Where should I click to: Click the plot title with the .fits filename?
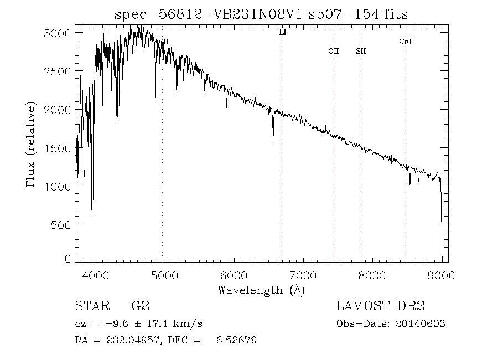[x=261, y=14]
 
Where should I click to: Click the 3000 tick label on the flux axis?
[x=58, y=33]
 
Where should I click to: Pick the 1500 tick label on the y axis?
[x=58, y=148]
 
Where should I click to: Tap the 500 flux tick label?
[x=60, y=224]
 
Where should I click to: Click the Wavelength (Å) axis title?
[x=261, y=289]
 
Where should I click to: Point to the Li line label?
[x=283, y=33]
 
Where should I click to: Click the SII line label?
[x=361, y=52]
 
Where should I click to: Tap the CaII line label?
[x=407, y=42]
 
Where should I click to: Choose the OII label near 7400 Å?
[x=333, y=52]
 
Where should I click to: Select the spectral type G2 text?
[x=140, y=306]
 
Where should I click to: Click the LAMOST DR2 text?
[x=380, y=306]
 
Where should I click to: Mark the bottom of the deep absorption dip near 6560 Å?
[x=273, y=145]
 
